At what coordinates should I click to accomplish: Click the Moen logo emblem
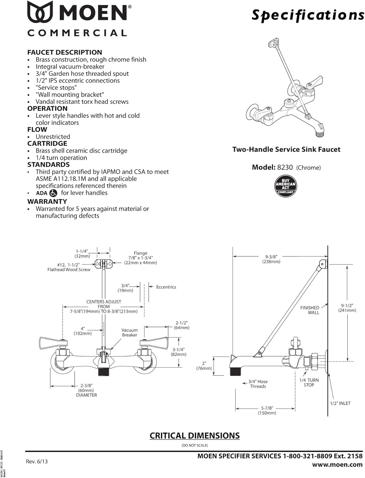[x=40, y=12]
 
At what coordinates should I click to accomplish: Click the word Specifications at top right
[x=307, y=15]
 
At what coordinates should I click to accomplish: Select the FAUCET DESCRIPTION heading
[x=65, y=52]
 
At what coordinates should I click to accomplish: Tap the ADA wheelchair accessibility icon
[x=53, y=193]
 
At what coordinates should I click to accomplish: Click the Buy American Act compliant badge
[x=285, y=186]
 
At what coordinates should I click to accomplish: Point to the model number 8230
[x=285, y=167]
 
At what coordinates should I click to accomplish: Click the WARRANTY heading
[x=47, y=201]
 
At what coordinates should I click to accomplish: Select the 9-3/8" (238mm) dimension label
[x=271, y=259]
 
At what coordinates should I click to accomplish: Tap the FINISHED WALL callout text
[x=310, y=310]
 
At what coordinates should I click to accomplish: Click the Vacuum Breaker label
[x=130, y=332]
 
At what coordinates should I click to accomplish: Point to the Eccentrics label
[x=166, y=287]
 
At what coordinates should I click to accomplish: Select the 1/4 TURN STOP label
[x=309, y=382]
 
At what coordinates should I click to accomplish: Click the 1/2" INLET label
[x=340, y=403]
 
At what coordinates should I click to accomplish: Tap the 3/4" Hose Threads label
[x=258, y=384]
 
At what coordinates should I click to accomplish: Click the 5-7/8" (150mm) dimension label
[x=267, y=410]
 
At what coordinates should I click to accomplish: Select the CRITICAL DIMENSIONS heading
[x=195, y=436]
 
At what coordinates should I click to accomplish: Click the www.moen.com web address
[x=337, y=465]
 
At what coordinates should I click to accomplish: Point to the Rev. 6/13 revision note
[x=37, y=461]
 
